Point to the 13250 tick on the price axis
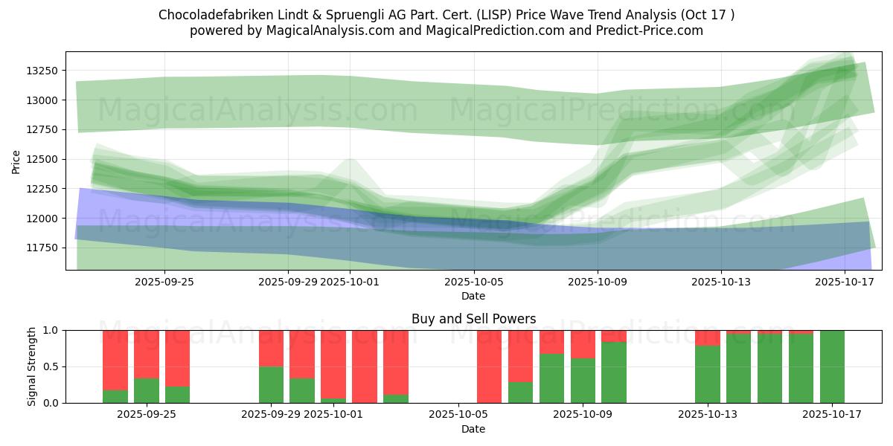pyautogui.click(x=42, y=71)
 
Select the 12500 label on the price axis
pyautogui.click(x=42, y=159)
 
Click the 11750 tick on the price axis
pyautogui.click(x=42, y=248)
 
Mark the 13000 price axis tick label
pyautogui.click(x=42, y=100)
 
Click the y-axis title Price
pyautogui.click(x=16, y=161)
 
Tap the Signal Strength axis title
pyautogui.click(x=32, y=366)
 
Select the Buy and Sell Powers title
pyautogui.click(x=473, y=319)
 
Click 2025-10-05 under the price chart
pyautogui.click(x=473, y=282)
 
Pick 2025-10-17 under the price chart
pyautogui.click(x=845, y=282)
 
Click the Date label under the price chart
pyautogui.click(x=473, y=296)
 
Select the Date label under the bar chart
pyautogui.click(x=473, y=429)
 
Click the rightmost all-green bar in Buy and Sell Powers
pyautogui.click(x=832, y=366)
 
